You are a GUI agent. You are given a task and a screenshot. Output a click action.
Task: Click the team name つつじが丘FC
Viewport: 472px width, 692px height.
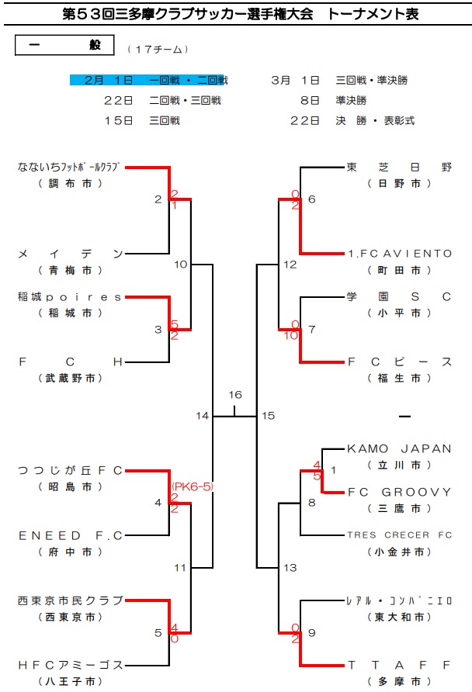coord(70,470)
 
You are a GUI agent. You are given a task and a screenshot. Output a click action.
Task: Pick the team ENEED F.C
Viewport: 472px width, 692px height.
coord(70,535)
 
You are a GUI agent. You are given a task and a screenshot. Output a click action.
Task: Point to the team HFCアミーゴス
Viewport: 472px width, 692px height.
coord(70,665)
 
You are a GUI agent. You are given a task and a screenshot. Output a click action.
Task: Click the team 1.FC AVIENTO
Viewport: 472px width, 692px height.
coord(399,254)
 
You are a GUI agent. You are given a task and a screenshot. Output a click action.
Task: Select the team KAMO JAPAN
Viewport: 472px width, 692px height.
coord(399,448)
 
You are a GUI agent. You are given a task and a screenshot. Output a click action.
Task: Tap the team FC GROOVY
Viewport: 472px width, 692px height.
coord(399,492)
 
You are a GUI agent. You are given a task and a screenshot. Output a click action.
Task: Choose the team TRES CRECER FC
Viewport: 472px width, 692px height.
coord(399,535)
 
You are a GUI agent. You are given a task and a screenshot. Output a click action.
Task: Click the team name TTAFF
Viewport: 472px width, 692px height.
coord(399,665)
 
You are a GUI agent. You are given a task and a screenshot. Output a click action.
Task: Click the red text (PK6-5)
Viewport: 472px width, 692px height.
coord(192,486)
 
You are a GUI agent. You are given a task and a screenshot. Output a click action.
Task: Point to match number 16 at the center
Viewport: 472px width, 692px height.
coord(235,395)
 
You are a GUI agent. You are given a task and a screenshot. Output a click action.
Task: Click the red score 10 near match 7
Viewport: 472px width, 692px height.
coord(291,335)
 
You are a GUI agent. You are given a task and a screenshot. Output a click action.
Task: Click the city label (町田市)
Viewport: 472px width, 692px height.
coord(399,271)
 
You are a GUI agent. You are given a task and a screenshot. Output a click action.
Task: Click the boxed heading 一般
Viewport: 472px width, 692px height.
coord(65,46)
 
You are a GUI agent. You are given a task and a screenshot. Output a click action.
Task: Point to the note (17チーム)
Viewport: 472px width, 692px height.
coord(158,49)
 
